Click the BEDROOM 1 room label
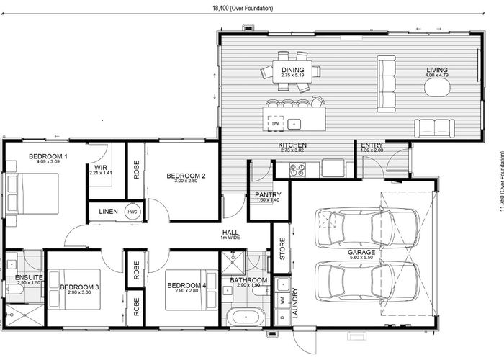pyautogui.click(x=48, y=156)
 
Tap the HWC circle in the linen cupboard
pyautogui.click(x=132, y=212)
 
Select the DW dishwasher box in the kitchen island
pyautogui.click(x=275, y=124)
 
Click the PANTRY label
pyautogui.click(x=268, y=194)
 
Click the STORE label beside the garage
pyautogui.click(x=282, y=248)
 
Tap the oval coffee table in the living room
pyautogui.click(x=436, y=88)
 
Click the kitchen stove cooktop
pyautogui.click(x=297, y=169)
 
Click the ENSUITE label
pyautogui.click(x=29, y=278)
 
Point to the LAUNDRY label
pyautogui.click(x=294, y=304)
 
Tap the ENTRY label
pyautogui.click(x=372, y=145)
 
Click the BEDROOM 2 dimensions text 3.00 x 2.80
pyautogui.click(x=186, y=182)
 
